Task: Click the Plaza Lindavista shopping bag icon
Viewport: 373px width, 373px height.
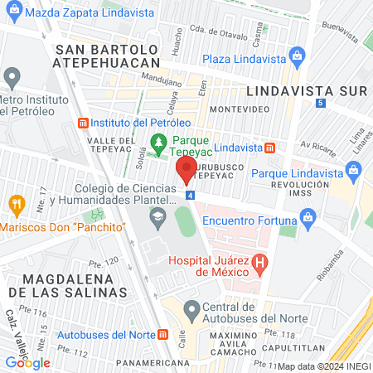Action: click(297, 57)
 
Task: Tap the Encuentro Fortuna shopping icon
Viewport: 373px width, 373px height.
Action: click(309, 220)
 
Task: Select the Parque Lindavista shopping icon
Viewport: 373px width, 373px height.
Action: click(355, 172)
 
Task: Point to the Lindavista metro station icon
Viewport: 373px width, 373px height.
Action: click(269, 148)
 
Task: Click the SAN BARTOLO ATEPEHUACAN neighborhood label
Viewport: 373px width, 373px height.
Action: click(107, 56)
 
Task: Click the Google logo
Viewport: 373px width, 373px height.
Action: click(28, 362)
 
